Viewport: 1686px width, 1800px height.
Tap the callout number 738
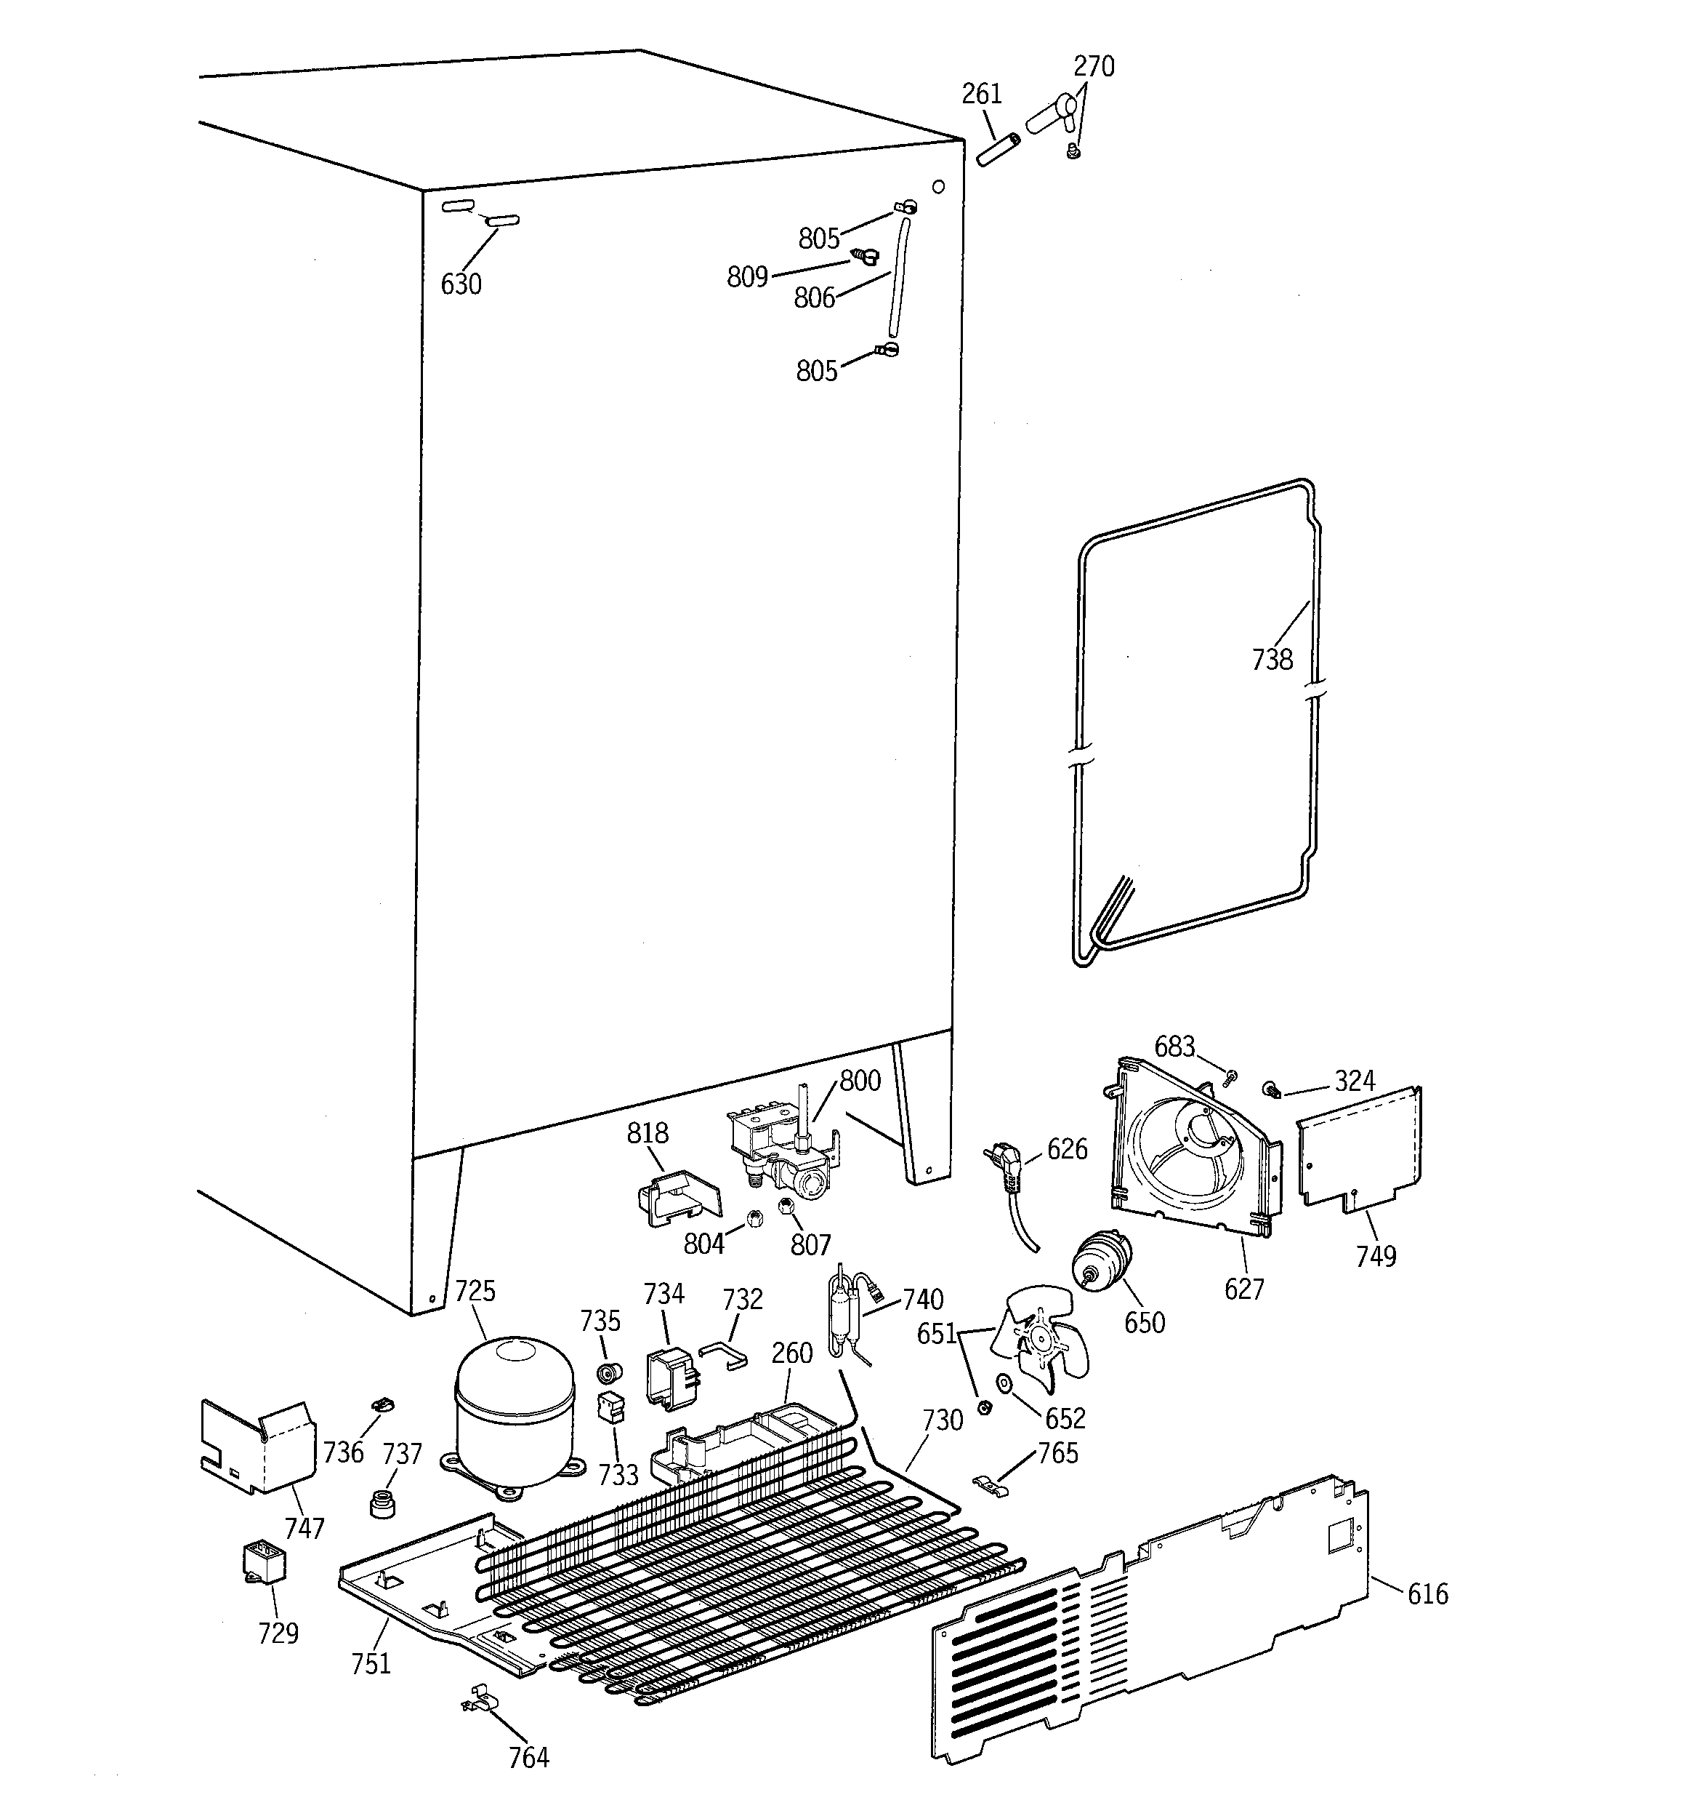click(1272, 659)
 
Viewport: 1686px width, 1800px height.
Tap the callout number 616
click(1427, 1593)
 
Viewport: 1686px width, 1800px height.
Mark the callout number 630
click(461, 284)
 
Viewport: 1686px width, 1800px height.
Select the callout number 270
click(1093, 67)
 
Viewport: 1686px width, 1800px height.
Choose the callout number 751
click(371, 1663)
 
